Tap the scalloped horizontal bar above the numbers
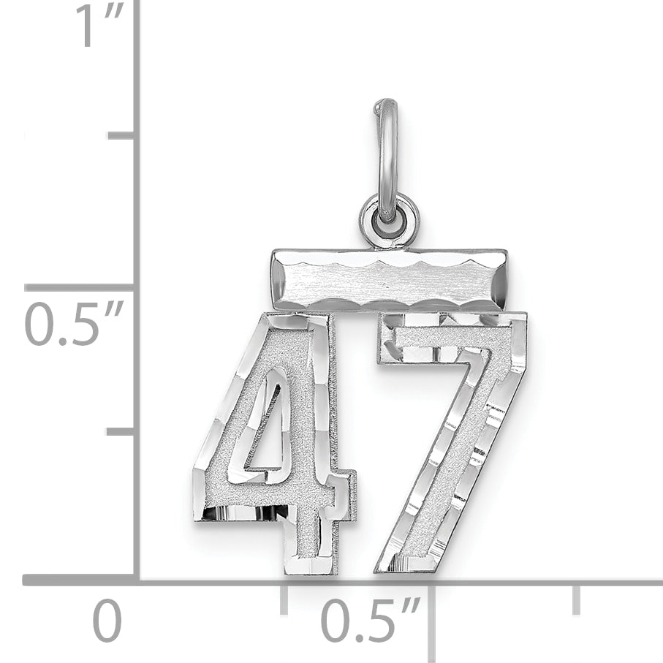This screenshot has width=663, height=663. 388,279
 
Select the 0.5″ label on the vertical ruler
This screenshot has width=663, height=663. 74,325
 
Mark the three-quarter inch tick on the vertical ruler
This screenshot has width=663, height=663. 121,135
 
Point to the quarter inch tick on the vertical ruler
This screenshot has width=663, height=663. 121,432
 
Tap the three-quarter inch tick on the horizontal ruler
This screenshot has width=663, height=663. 577,598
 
